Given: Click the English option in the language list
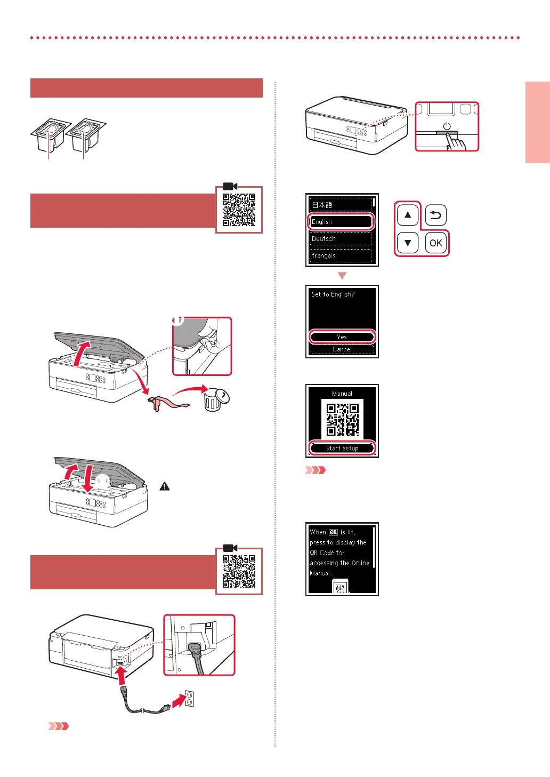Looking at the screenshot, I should [341, 221].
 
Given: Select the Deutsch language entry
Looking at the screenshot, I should [341, 238].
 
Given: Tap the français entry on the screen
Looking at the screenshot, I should [341, 255].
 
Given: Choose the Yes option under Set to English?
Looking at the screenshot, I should [342, 337].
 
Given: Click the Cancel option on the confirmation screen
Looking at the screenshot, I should [342, 349].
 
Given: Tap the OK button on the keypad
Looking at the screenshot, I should [435, 243].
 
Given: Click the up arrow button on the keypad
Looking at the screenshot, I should [408, 215].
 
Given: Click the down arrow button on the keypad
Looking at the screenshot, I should [408, 243].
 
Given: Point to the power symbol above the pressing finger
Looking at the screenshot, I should [447, 126].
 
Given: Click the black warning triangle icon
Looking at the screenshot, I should [165, 486].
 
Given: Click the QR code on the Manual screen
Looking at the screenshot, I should [342, 419].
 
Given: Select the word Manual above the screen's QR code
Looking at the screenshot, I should [342, 394].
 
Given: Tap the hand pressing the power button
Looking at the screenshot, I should [456, 141].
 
